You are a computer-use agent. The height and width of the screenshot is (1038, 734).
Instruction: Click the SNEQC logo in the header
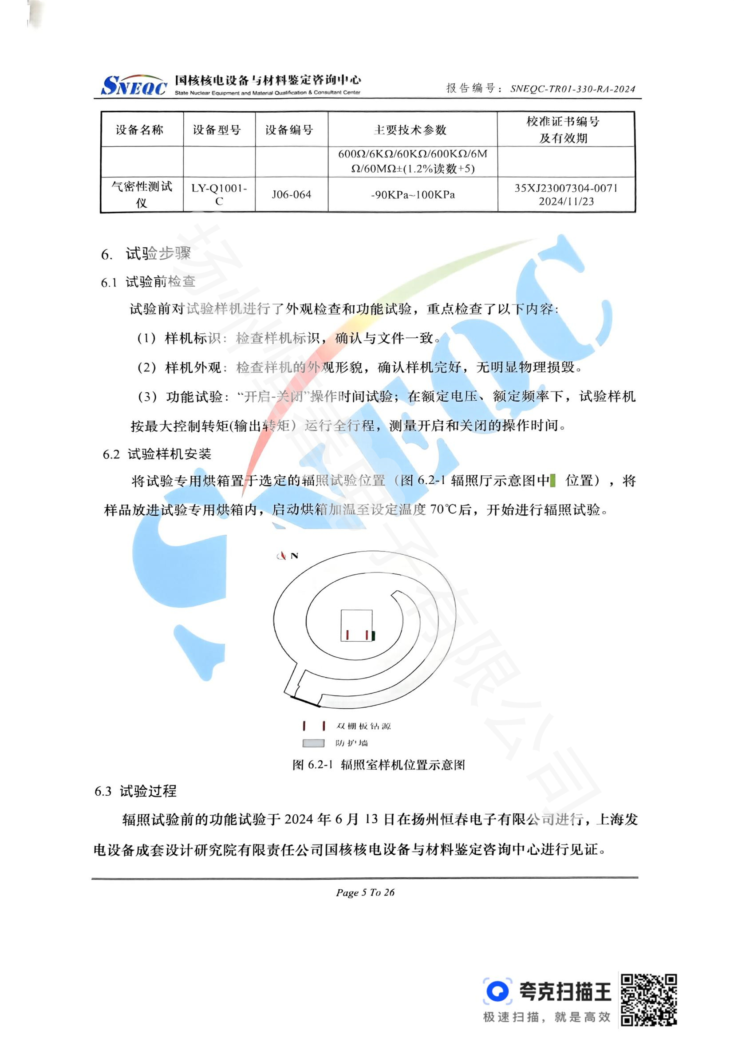pos(134,85)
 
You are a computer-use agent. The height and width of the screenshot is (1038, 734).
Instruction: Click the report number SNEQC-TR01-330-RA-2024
pos(572,89)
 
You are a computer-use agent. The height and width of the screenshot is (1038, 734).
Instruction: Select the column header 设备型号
pos(217,130)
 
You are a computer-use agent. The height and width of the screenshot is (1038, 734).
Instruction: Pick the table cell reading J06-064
pos(292,195)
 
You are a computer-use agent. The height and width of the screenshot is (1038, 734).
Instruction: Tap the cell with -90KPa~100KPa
pos(413,195)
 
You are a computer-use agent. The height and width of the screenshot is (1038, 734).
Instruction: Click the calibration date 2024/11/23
pos(566,201)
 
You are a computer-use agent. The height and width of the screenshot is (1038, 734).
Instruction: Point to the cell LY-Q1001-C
pos(219,195)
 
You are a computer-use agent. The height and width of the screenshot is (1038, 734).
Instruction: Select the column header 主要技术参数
pos(410,130)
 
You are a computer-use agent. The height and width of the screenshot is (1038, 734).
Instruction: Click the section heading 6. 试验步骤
pos(146,254)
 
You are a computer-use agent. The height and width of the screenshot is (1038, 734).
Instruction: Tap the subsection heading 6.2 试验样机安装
pos(157,454)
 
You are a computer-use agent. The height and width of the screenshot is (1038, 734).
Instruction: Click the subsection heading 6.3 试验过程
pos(135,791)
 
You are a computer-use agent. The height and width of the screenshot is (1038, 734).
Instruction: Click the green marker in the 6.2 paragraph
pos(553,481)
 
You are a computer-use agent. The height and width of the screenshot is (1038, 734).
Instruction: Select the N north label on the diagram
pos(294,556)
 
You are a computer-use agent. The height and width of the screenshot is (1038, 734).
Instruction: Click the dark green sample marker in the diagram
pos(373,635)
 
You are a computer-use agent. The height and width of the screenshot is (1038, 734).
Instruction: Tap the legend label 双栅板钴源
pos(363,726)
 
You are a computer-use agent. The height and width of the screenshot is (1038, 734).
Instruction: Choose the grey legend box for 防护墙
pos(313,743)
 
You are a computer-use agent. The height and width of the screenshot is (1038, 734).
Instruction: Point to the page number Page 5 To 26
pos(365,892)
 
